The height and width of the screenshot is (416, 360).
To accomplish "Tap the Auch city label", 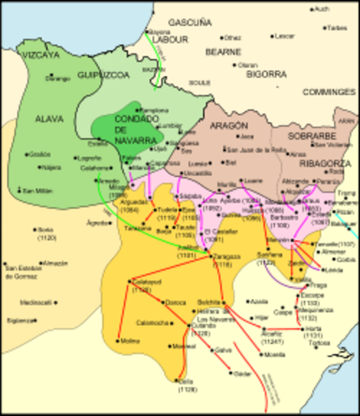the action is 322,9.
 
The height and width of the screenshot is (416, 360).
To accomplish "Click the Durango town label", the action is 57,79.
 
